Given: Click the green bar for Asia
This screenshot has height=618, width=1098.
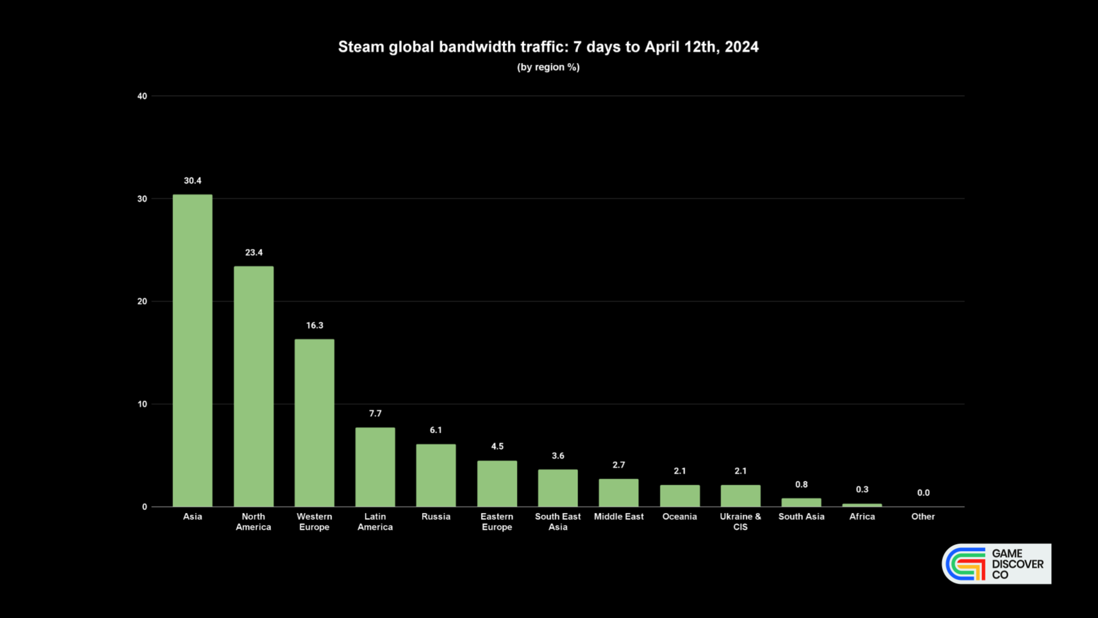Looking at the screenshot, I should tap(192, 350).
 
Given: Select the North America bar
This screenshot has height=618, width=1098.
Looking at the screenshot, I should tap(253, 386).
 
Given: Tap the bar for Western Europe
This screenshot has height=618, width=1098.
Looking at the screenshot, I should tap(314, 423).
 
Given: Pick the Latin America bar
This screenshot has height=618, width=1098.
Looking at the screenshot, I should tap(375, 467).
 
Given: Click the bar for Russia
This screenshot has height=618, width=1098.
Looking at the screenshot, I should tap(436, 475).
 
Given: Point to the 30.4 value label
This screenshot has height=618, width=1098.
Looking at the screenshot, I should tap(192, 181).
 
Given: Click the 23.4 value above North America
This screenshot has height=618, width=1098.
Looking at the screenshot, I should tap(253, 252).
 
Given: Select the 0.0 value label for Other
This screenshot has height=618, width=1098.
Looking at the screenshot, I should tap(923, 493).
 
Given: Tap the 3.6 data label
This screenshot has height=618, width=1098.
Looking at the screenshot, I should tap(558, 456).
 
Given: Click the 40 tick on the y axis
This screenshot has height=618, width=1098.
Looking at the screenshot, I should tap(142, 96).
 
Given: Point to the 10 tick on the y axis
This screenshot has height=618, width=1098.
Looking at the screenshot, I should tap(142, 404).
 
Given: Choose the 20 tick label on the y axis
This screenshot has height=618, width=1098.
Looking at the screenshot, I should tap(142, 302).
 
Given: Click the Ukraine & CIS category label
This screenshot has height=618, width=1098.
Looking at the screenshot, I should tap(740, 521).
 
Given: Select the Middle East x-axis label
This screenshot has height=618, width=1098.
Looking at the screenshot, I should tap(618, 516).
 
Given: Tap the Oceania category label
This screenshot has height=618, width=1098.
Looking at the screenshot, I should tap(679, 516).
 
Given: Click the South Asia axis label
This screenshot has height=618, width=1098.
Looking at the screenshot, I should tap(801, 516).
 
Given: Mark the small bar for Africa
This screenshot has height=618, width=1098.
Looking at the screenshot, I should tap(862, 505).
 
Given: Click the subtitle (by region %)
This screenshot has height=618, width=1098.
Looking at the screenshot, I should tap(548, 67).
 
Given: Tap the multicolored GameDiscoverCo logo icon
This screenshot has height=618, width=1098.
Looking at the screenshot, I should tap(966, 564).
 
